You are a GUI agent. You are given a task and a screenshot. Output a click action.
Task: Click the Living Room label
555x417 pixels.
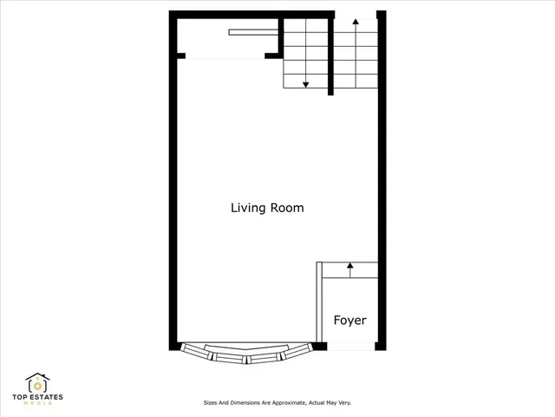click(266, 208)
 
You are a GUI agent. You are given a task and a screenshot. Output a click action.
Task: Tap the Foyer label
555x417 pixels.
click(350, 321)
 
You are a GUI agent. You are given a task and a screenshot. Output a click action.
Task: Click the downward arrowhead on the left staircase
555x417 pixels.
click(306, 84)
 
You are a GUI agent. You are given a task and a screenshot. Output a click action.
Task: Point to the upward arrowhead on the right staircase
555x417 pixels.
click(356, 22)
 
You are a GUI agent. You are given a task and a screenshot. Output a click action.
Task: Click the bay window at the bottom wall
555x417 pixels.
click(246, 354)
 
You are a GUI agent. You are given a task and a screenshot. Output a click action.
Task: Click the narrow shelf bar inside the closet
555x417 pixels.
click(252, 33)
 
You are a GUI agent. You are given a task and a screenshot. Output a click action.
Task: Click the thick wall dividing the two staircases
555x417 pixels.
click(331, 56)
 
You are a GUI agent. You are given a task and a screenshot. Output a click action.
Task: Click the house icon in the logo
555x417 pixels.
click(37, 383)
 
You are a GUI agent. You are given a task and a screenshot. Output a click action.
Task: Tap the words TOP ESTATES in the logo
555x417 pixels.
click(37, 398)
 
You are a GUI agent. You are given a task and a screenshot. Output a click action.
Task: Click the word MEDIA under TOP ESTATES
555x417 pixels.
click(37, 405)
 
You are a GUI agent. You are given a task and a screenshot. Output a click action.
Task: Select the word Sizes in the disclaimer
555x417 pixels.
click(210, 403)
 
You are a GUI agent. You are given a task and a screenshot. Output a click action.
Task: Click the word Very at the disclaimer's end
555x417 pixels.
click(344, 403)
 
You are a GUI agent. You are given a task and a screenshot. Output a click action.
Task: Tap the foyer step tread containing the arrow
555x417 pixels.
click(350, 270)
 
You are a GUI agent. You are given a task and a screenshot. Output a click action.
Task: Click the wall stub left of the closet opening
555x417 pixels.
click(182, 56)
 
